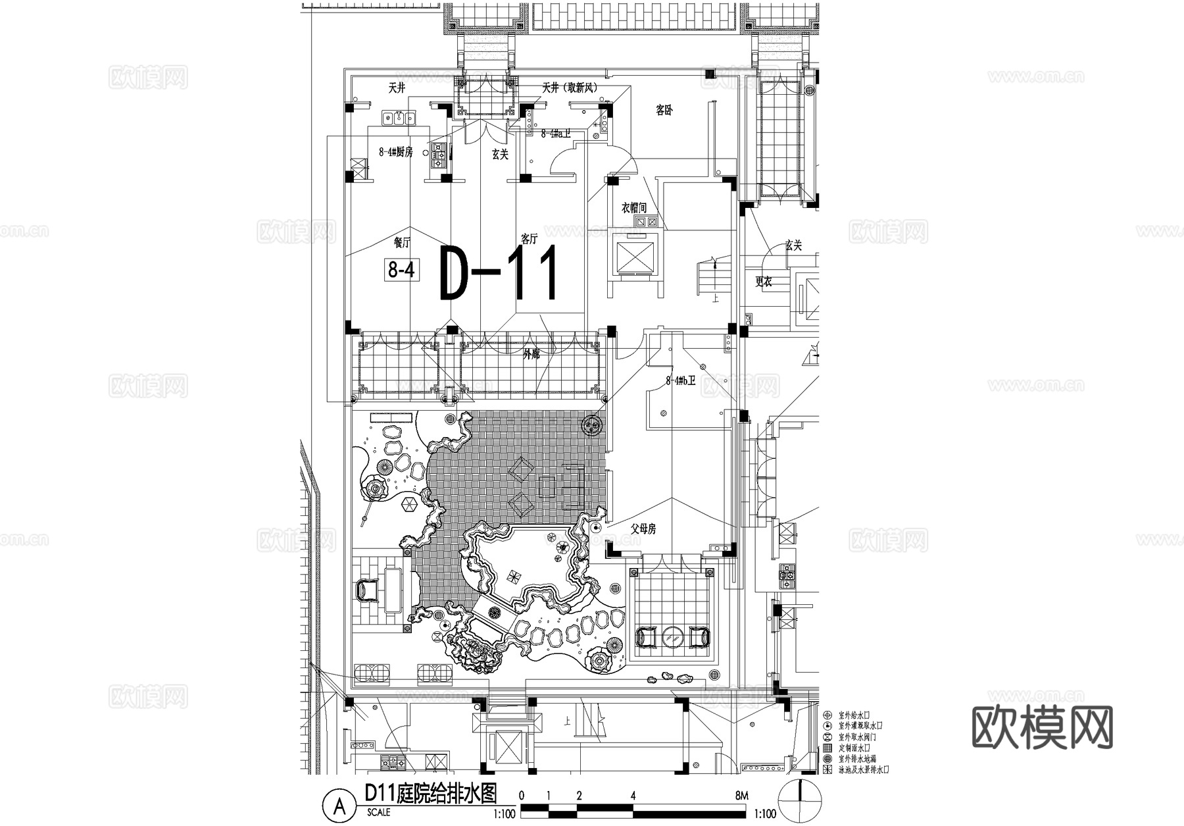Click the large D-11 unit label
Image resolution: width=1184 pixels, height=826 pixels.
[500, 273]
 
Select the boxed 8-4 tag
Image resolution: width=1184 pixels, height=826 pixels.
[401, 269]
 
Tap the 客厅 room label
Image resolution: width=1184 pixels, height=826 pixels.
[529, 238]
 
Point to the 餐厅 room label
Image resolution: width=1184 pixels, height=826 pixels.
[402, 242]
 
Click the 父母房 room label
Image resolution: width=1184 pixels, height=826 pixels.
[643, 529]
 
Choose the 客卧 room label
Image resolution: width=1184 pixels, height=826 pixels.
[664, 111]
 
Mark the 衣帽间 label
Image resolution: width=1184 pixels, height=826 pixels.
[634, 208]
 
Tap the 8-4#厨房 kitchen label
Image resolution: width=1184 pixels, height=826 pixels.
[395, 152]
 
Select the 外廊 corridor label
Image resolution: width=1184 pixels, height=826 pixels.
[531, 354]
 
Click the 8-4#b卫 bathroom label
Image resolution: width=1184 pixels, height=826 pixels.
[680, 380]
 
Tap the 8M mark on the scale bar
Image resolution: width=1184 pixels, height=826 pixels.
[742, 796]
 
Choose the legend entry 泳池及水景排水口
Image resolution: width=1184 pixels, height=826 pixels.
[864, 769]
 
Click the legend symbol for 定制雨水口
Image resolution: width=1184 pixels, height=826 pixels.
[827, 748]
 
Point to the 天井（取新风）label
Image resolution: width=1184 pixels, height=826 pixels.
[570, 88]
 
